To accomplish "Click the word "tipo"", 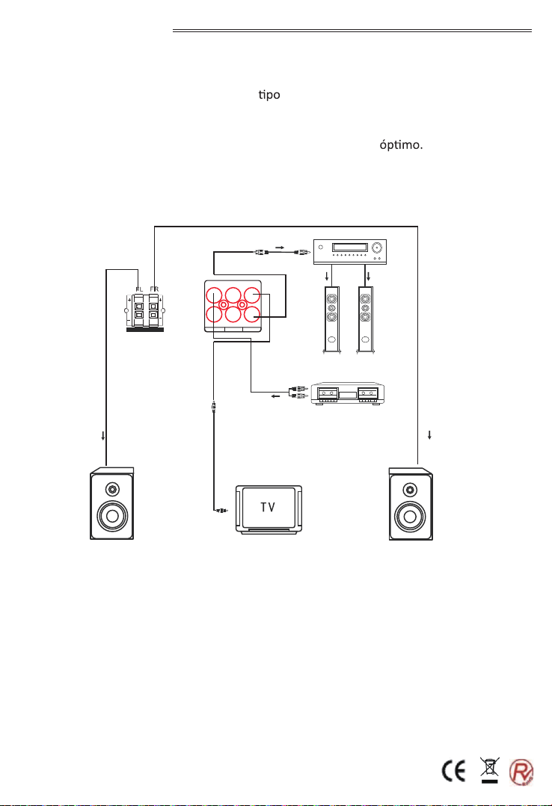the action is tap(269, 95).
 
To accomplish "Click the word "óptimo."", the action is tap(401, 144).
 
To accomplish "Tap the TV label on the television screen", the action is tap(268, 508).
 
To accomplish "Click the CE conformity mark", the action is tap(454, 772).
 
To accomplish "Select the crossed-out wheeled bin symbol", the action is tap(490, 769).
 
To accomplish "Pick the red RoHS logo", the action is tap(521, 772).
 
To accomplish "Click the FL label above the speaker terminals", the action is tap(139, 289).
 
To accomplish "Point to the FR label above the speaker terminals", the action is tap(154, 289).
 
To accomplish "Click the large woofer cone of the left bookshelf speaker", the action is tap(112, 516).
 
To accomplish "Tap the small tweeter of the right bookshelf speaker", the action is tap(410, 489).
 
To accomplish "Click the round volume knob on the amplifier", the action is tap(378, 248).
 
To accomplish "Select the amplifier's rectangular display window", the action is tap(350, 247).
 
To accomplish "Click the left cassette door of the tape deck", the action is tap(327, 393).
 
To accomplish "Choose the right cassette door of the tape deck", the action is tap(367, 393).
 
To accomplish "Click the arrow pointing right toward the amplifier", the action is tap(280, 247).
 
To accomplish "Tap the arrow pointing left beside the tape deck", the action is tap(276, 396).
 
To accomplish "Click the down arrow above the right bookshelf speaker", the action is tap(429, 435).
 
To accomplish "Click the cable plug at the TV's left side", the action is tap(220, 511).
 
